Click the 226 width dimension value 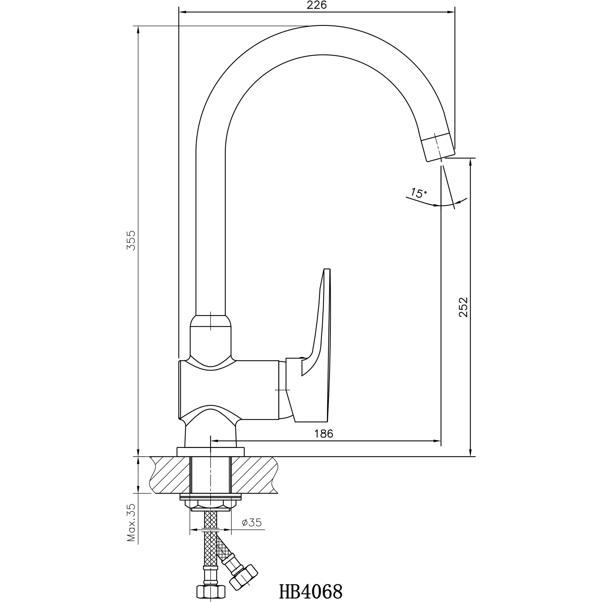point(317,5)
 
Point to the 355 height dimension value point(131,240)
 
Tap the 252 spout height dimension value point(463,307)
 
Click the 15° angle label point(418,193)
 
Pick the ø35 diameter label point(252,523)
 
